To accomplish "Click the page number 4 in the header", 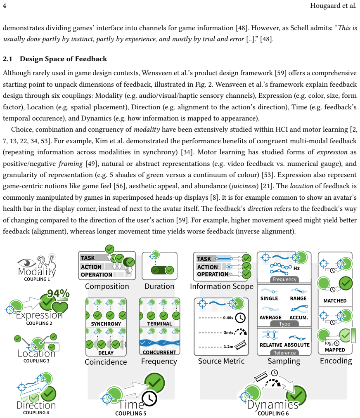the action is [5, 6].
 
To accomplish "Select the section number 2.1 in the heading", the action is [7, 59].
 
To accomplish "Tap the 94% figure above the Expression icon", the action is [58, 294].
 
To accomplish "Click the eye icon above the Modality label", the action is [27, 262].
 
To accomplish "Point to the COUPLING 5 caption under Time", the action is [131, 413].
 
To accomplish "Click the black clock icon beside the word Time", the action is [149, 398].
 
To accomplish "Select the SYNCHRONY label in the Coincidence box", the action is [106, 324].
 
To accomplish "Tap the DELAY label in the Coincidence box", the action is [106, 353].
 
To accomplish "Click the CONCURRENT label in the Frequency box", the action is [159, 352].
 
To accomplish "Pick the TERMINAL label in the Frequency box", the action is [159, 324].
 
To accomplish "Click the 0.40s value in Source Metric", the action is [228, 318].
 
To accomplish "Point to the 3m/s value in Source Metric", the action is [228, 333].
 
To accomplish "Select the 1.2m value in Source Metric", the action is [228, 347].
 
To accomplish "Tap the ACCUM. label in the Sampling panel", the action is [298, 317].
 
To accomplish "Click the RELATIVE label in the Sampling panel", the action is [271, 345].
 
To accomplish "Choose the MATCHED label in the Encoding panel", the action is [335, 301].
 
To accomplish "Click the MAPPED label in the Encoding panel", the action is [335, 350].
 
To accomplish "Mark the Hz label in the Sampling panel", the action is [296, 269].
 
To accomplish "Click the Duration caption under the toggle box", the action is [159, 286].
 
